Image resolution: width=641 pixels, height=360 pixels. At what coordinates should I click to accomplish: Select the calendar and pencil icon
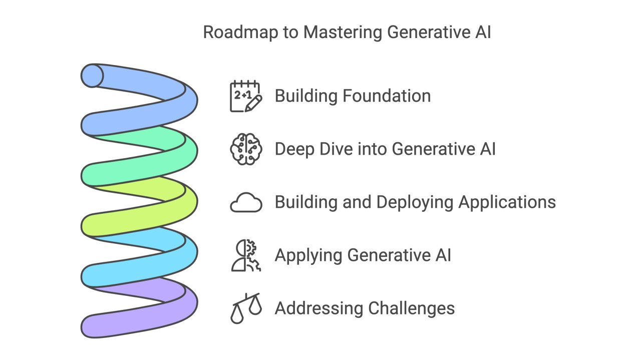(245, 96)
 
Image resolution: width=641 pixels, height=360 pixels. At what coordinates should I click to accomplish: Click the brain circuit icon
(245, 149)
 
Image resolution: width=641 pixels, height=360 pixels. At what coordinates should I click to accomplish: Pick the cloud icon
(246, 203)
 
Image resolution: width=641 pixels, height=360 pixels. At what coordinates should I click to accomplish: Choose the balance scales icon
(245, 308)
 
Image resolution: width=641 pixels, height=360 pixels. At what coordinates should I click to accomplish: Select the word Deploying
(415, 202)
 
